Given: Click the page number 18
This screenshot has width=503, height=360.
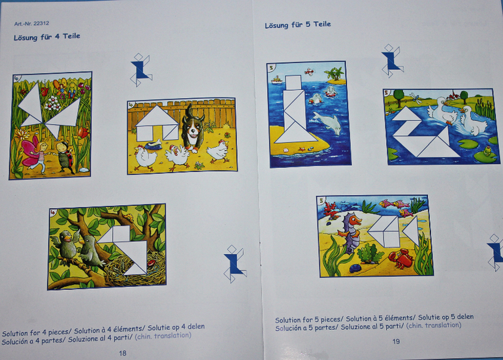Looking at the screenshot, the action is (123, 353).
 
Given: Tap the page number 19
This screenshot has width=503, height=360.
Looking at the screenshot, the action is (396, 342).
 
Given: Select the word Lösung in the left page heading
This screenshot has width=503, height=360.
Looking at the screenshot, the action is (25, 37).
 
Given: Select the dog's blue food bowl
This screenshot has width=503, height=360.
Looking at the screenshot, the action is (153, 144).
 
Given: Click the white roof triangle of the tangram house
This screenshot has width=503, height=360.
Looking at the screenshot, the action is (157, 116).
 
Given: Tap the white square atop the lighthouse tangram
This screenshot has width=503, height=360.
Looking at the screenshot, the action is (293, 82).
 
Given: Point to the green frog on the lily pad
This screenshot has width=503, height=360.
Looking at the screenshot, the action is (487, 150).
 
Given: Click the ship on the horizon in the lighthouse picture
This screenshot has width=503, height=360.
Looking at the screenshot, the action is (277, 79).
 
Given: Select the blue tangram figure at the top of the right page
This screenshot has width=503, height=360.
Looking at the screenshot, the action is (392, 61).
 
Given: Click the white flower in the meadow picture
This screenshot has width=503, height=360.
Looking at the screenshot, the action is (53, 104).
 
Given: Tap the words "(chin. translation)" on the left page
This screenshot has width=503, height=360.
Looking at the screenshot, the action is (163, 336).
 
